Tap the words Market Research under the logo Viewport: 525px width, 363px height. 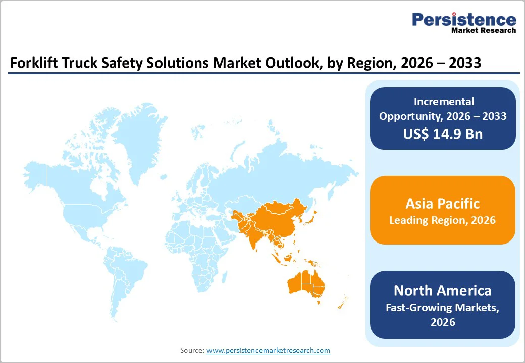click(484, 30)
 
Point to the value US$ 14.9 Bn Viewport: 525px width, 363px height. click(443, 134)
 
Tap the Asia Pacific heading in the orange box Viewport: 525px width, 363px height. click(442, 204)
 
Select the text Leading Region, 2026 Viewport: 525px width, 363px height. click(442, 220)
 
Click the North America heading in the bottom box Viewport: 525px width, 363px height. click(442, 290)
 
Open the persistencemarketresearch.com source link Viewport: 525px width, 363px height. click(268, 350)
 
